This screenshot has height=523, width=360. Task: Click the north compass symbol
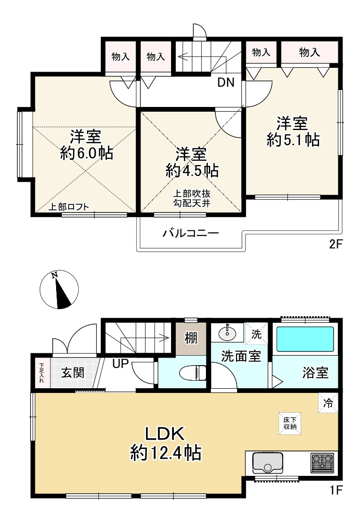[59, 289]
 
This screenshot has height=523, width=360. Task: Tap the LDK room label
[164, 433]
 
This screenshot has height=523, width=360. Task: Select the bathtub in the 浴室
[305, 339]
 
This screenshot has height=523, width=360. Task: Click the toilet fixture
[193, 373]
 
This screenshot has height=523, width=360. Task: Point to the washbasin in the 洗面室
[228, 333]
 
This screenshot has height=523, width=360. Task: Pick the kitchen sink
[268, 463]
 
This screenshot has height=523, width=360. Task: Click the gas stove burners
[322, 463]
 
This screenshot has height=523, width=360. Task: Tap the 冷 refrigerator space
[328, 403]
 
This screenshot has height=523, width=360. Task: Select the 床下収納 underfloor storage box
[290, 424]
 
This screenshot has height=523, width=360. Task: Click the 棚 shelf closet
[191, 338]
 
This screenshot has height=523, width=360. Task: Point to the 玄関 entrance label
[73, 373]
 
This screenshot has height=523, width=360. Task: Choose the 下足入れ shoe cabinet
[41, 373]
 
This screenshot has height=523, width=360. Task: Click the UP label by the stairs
[121, 363]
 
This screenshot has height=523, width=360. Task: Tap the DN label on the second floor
[226, 82]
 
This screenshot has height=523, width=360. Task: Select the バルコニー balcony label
[190, 232]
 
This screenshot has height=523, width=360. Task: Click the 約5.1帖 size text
[293, 140]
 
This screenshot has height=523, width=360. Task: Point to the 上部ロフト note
[69, 207]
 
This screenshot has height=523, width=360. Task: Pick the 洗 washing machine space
[256, 334]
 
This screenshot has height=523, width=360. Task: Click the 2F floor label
[335, 244]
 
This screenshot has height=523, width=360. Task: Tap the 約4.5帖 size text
[192, 171]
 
